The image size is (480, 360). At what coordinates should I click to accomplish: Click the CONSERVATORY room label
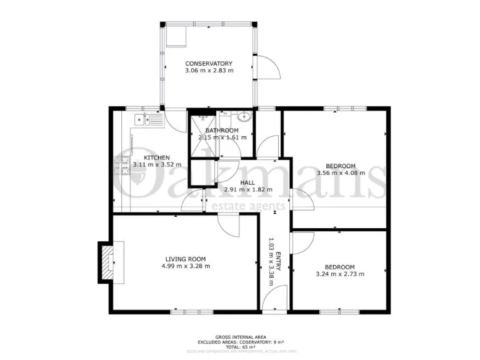pyautogui.click(x=209, y=64)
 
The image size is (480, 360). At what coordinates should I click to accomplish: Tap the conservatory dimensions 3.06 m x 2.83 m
pyautogui.click(x=209, y=71)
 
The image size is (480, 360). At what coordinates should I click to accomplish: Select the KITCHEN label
pyautogui.click(x=156, y=157)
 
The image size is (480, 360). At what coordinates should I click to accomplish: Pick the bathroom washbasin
pyautogui.click(x=244, y=117)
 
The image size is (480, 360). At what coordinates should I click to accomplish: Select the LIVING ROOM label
pyautogui.click(x=185, y=259)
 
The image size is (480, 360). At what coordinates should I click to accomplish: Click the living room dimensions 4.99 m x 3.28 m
pyautogui.click(x=185, y=266)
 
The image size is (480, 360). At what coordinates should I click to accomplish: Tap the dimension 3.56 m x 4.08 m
pyautogui.click(x=341, y=172)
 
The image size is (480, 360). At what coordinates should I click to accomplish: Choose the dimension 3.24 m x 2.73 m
pyautogui.click(x=340, y=274)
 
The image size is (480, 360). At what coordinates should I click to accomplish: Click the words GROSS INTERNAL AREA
pyautogui.click(x=240, y=336)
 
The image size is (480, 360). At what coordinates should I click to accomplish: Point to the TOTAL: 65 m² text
pyautogui.click(x=240, y=347)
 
